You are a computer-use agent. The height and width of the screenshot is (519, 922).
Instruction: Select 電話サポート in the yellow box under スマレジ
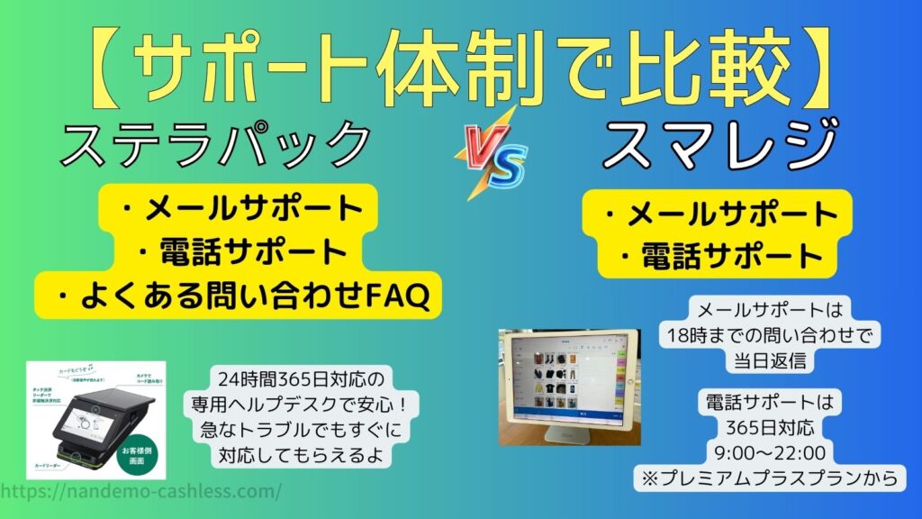click(x=717, y=256)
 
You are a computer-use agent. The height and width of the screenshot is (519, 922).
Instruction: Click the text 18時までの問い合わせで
click(x=768, y=334)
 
